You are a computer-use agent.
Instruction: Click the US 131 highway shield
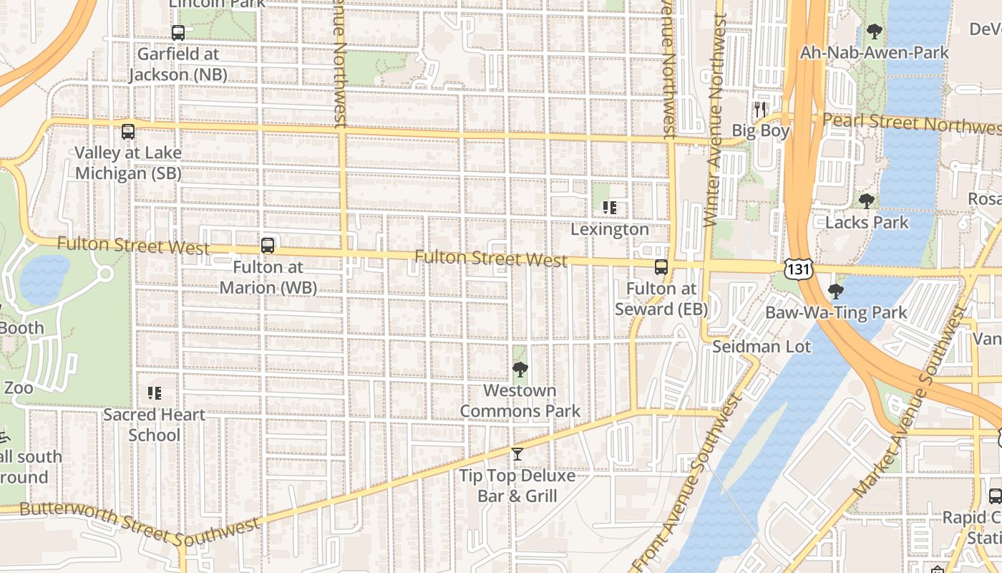(798, 269)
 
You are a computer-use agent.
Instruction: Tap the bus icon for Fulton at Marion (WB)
(268, 246)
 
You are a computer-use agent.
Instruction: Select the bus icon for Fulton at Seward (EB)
(661, 267)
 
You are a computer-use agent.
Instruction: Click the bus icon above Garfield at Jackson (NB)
(178, 32)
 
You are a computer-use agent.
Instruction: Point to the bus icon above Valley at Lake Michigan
(128, 132)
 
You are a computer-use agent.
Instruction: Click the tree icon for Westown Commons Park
(520, 370)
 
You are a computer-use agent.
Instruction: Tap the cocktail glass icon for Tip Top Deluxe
(517, 454)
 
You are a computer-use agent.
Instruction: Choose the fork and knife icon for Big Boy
(760, 110)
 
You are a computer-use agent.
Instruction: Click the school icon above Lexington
(610, 208)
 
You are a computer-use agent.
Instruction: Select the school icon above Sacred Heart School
(154, 393)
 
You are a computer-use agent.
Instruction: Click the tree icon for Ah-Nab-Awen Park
(874, 32)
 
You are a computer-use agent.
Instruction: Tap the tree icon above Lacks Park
(867, 201)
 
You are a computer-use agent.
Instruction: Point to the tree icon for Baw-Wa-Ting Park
(835, 292)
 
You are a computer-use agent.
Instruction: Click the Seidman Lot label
(762, 347)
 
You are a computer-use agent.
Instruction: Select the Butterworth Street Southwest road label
(140, 522)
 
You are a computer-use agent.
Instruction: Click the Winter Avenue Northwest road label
(716, 122)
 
